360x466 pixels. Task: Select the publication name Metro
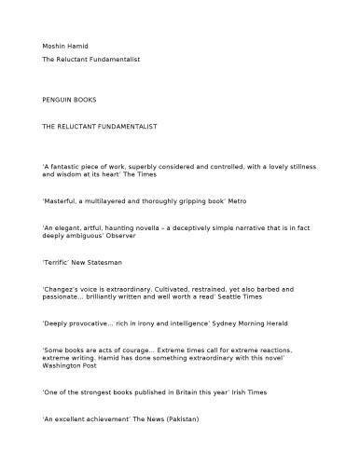(231, 200)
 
